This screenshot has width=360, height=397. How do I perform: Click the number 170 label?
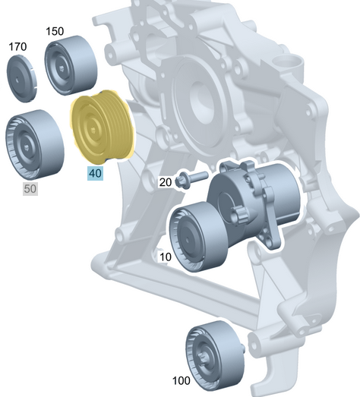click(17, 47)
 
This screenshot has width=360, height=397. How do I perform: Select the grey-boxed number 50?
click(30, 188)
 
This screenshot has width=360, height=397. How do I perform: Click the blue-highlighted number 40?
click(95, 173)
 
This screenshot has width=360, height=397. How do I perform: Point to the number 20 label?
click(165, 182)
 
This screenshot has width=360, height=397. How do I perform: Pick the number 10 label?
click(165, 257)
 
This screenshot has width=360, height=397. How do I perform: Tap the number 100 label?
click(182, 380)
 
